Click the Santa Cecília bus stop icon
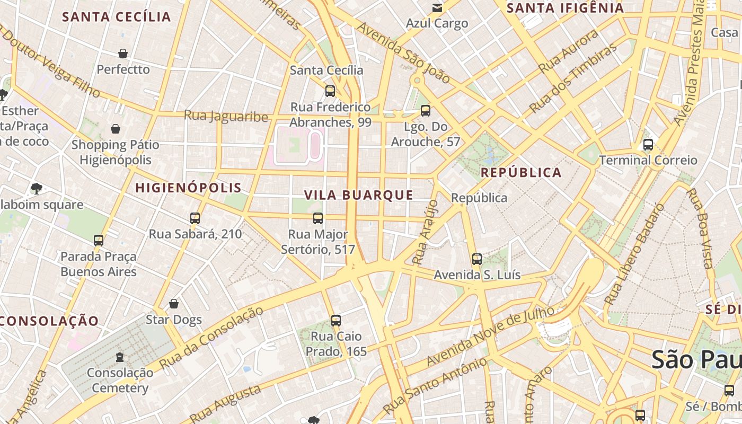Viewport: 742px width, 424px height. [330, 91]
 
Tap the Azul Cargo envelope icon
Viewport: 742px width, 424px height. [437, 8]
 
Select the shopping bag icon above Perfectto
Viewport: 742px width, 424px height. [123, 54]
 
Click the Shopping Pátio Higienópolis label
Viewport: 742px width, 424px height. [115, 152]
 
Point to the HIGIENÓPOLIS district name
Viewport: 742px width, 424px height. [188, 188]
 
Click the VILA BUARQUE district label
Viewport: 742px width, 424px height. [359, 195]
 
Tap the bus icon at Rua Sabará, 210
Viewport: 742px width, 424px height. [195, 218]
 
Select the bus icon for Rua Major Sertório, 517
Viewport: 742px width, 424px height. [318, 218]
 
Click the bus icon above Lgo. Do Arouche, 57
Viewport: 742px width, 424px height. [425, 111]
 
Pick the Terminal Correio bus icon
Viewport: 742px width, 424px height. [648, 144]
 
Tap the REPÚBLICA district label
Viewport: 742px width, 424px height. [521, 173]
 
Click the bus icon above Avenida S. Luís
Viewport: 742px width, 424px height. [477, 259]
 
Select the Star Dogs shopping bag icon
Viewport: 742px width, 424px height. [173, 304]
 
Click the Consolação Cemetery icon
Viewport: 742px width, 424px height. [120, 357]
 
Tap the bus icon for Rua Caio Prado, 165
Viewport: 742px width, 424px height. [335, 320]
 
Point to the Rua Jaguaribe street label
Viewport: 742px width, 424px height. [226, 116]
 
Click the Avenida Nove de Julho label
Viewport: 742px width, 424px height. [490, 336]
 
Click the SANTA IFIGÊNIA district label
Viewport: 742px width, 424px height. [565, 8]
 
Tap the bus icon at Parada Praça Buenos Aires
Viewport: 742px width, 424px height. [99, 240]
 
